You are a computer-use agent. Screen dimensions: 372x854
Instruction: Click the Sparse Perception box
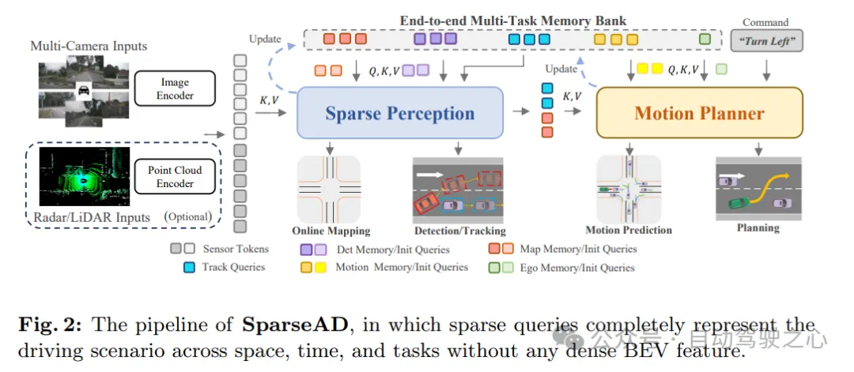coord(399,113)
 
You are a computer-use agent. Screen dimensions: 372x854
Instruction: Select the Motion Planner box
coord(699,113)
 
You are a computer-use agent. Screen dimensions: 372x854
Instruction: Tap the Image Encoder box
coord(175,88)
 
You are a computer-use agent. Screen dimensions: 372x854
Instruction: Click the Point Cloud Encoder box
coord(175,176)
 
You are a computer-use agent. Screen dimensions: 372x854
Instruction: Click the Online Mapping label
coord(331,231)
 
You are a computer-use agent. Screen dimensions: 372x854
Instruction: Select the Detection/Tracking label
coord(459,231)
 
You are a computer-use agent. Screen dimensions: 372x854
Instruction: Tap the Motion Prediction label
coord(628,230)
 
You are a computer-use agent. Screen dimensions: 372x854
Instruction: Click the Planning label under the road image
coord(758,227)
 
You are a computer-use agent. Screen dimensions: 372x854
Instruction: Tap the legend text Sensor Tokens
coord(236,249)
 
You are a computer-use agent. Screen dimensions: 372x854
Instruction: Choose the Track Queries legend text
coord(233,267)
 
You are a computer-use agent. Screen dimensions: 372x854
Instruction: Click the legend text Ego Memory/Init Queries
coord(576,267)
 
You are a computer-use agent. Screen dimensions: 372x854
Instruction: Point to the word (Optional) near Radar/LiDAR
coord(187,216)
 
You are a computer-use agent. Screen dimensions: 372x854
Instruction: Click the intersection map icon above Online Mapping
coord(328,189)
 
